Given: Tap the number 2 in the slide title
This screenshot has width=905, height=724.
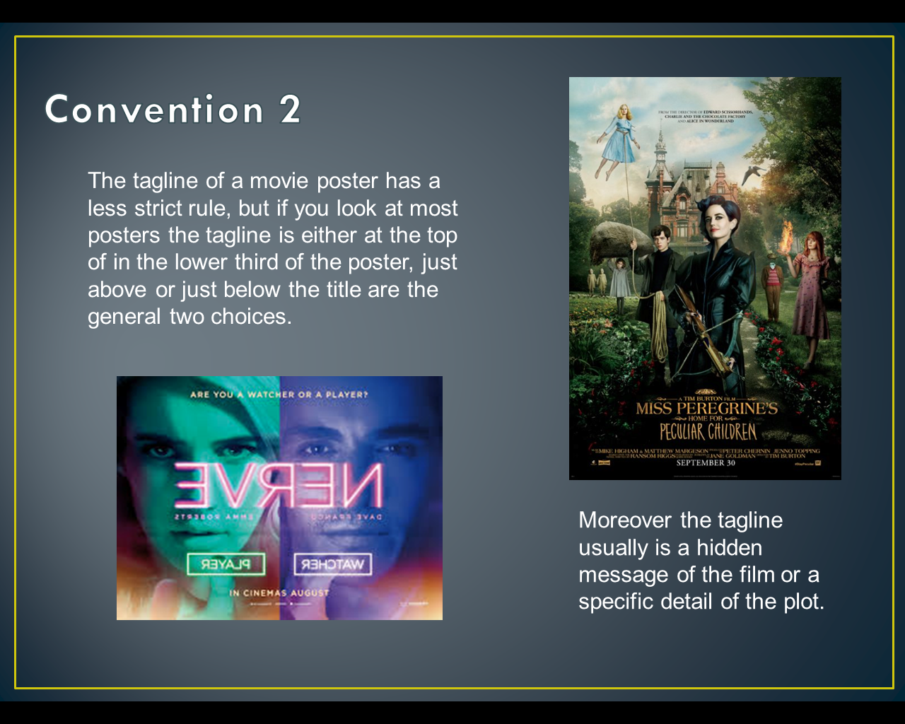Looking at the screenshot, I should click(290, 110).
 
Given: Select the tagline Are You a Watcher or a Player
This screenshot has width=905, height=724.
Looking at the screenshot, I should click(279, 395).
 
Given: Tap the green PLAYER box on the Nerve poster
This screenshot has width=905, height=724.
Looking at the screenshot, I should click(226, 564).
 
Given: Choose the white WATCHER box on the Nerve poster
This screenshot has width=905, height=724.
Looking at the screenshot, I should click(332, 564).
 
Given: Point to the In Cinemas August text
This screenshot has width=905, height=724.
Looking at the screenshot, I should click(279, 592).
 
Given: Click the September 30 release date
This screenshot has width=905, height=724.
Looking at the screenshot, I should click(706, 463).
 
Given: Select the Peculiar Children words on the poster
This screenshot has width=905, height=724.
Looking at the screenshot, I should click(707, 432).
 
